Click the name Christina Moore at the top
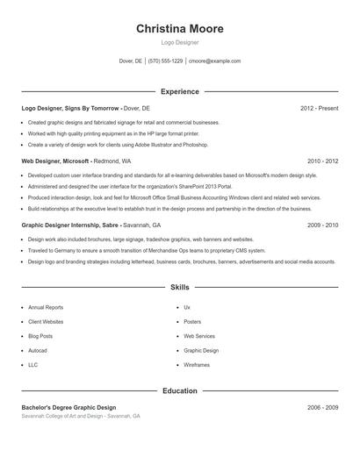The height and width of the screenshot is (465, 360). pyautogui.click(x=180, y=28)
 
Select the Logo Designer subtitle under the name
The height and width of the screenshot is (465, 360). pyautogui.click(x=180, y=42)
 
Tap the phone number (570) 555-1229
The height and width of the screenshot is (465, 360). pyautogui.click(x=165, y=61)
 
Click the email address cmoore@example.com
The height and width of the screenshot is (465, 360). pyautogui.click(x=215, y=61)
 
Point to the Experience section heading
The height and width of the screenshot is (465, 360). pyautogui.click(x=180, y=91)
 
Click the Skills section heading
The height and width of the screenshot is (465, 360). pyautogui.click(x=180, y=287)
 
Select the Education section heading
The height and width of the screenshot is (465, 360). pyautogui.click(x=180, y=390)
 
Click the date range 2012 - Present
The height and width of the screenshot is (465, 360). pyautogui.click(x=319, y=108)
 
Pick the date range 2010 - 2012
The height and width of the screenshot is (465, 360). pyautogui.click(x=322, y=161)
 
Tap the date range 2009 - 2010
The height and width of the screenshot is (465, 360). pyautogui.click(x=322, y=225)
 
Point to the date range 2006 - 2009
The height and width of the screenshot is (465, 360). pyautogui.click(x=322, y=408)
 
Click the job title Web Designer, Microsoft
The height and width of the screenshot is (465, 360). pyautogui.click(x=55, y=161)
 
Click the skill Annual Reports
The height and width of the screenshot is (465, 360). pyautogui.click(x=46, y=308)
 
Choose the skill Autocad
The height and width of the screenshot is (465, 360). pyautogui.click(x=39, y=350)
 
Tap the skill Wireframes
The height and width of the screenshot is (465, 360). pyautogui.click(x=197, y=364)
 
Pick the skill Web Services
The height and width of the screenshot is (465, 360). pyautogui.click(x=198, y=336)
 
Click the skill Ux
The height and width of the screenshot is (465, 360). pyautogui.click(x=187, y=308)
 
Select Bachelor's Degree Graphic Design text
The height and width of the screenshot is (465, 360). pyautogui.click(x=68, y=408)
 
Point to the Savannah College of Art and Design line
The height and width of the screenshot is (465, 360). pyautogui.click(x=81, y=416)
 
